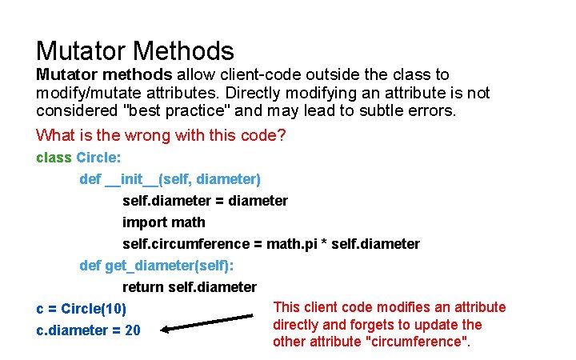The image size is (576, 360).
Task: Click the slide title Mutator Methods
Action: [x=134, y=52]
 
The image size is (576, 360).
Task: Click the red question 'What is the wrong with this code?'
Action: [x=161, y=134]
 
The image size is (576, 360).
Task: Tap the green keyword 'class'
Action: [x=54, y=158]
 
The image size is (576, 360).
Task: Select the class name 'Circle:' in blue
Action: [x=98, y=158]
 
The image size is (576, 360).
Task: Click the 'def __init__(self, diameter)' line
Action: [x=170, y=179]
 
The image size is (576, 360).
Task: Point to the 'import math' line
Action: [x=163, y=222]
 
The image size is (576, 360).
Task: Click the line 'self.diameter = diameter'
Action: [x=205, y=201]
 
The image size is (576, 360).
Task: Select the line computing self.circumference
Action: [x=270, y=244]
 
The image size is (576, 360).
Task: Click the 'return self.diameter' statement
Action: [x=190, y=287]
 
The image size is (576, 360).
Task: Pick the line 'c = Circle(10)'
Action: [x=82, y=309]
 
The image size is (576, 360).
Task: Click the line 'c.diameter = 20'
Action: [x=88, y=330]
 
